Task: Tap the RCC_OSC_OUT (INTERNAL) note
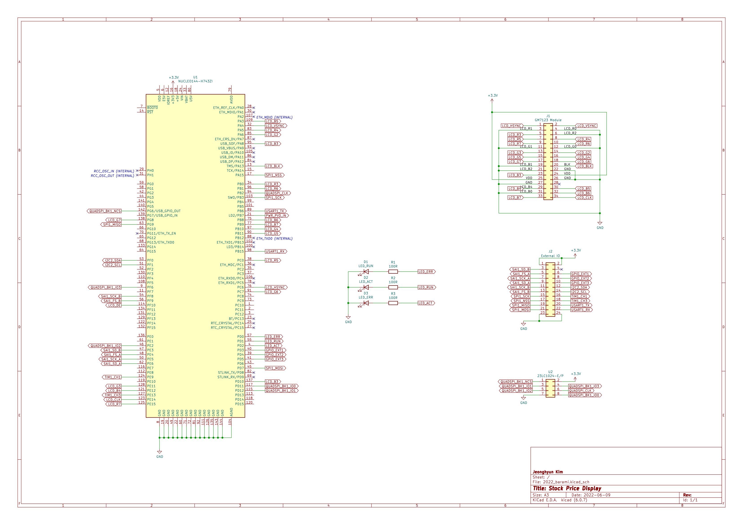pos(112,176)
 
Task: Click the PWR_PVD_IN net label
pos(276,216)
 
